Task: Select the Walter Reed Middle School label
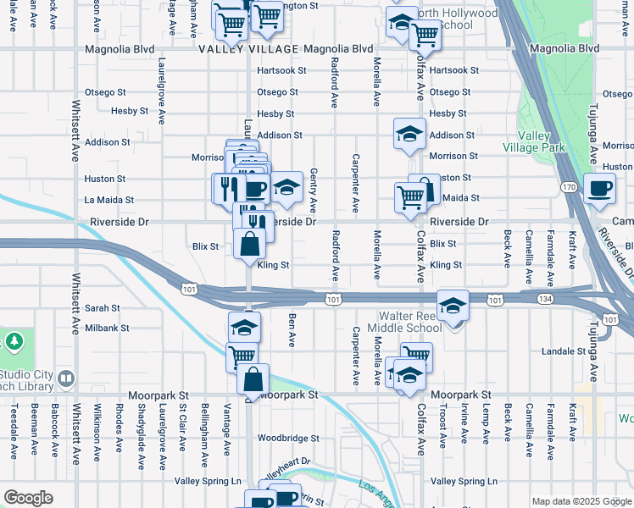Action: pyautogui.click(x=400, y=323)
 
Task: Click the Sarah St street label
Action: pyautogui.click(x=102, y=309)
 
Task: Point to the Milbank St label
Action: pyautogui.click(x=106, y=328)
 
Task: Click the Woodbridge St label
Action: pyautogui.click(x=288, y=439)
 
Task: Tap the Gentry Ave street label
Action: pyautogui.click(x=313, y=190)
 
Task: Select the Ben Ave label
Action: pyautogui.click(x=292, y=330)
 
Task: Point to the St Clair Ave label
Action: pyautogui.click(x=182, y=435)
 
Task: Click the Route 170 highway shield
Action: pyautogui.click(x=568, y=186)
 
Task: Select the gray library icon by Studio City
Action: pyautogui.click(x=66, y=378)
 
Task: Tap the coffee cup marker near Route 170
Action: pyautogui.click(x=600, y=189)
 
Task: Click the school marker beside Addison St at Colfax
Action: pyautogui.click(x=409, y=133)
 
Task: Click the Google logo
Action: pyautogui.click(x=28, y=498)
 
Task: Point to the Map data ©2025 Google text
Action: pyautogui.click(x=581, y=501)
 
